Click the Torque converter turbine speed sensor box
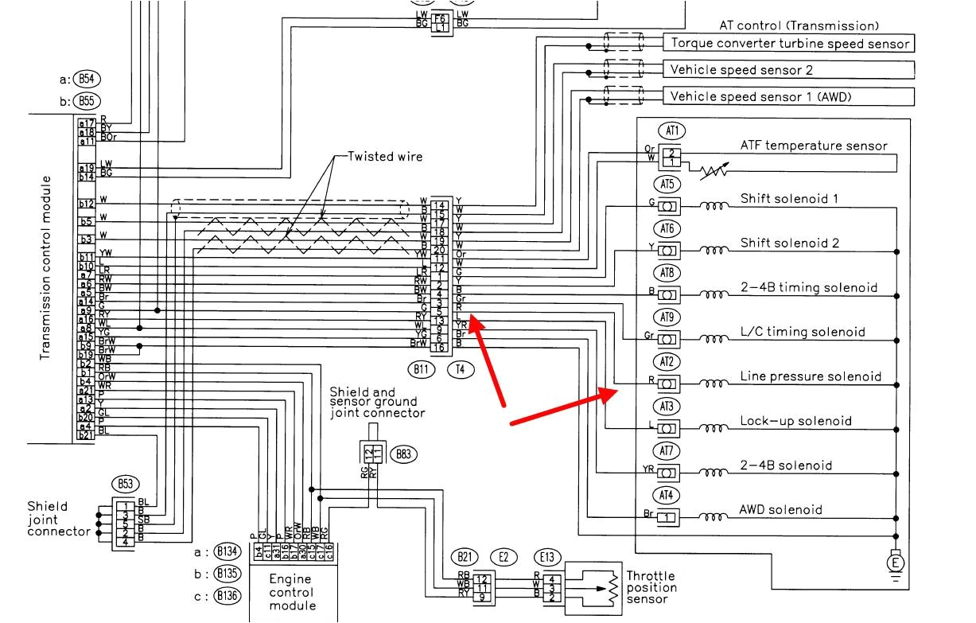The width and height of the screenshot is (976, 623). coord(789,43)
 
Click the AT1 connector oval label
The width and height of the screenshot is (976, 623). coord(671,130)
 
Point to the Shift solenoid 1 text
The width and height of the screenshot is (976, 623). coord(789,198)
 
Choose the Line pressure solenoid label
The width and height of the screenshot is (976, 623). coord(811,376)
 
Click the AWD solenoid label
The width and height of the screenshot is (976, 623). coord(781,509)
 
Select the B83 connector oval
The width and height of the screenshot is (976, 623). coord(404,454)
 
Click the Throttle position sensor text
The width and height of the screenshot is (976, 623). coord(651,587)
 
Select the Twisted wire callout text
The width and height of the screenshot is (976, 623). coord(385,157)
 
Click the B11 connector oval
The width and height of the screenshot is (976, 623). coord(422,368)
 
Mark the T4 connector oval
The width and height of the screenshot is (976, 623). coord(461,368)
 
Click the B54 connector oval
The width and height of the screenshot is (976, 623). coord(86,79)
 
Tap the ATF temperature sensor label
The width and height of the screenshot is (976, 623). coord(814,146)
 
